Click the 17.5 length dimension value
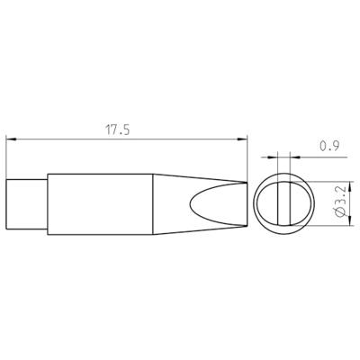tap(117, 130)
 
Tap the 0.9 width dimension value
tap(329, 146)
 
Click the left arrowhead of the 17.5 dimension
tap(11, 139)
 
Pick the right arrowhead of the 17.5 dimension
tap(242, 139)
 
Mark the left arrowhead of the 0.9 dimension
tap(274, 157)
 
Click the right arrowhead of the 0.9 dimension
tap(295, 157)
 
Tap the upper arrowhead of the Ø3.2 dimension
tap(349, 186)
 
